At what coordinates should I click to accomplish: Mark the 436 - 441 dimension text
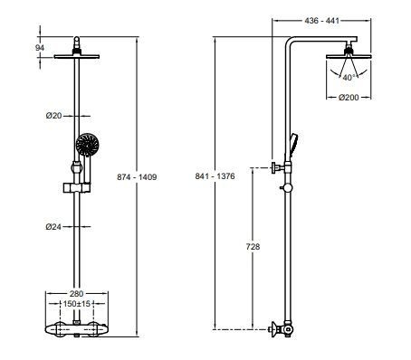329,18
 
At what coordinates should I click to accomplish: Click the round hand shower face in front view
87,144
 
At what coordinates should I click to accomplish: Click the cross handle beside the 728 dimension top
272,167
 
